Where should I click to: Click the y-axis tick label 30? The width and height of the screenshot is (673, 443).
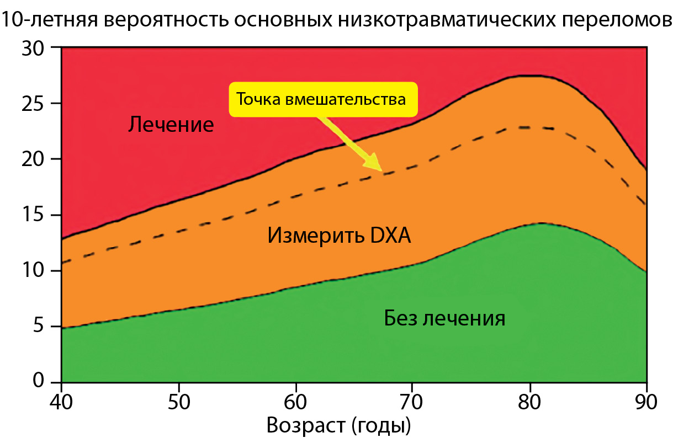point(33,48)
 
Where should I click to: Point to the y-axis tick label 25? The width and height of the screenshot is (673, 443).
point(33,104)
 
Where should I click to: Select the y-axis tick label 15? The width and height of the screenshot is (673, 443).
point(33,215)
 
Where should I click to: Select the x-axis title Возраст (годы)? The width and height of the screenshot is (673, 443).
point(339,426)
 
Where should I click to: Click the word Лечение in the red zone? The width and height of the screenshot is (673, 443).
point(171,125)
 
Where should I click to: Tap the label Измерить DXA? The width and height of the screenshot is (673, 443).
point(340,236)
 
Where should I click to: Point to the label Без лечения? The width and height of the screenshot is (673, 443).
point(444,318)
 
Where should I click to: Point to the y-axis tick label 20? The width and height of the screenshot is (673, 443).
point(33,159)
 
